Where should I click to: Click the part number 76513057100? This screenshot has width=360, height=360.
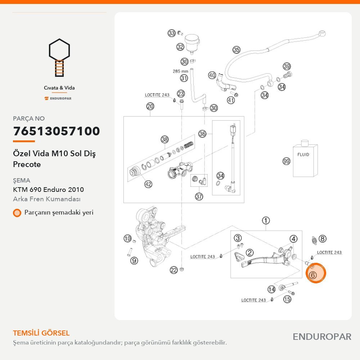[57, 131]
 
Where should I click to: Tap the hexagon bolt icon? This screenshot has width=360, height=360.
[59, 57]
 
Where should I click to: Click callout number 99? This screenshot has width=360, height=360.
[286, 161]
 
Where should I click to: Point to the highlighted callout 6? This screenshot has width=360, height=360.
[313, 275]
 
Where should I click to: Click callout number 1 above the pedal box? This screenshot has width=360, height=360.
[266, 221]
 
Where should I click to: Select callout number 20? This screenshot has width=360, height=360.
[150, 107]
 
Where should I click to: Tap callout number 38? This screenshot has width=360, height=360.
[165, 139]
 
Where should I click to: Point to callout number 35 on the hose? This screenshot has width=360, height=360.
[236, 50]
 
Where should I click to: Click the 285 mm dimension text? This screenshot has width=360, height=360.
[180, 71]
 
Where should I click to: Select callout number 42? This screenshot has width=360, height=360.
[148, 184]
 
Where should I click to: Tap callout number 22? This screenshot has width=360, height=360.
[174, 270]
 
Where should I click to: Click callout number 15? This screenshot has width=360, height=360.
[287, 299]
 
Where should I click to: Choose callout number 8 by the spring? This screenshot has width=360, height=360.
[322, 239]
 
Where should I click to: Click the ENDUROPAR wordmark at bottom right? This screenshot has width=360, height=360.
[322, 337]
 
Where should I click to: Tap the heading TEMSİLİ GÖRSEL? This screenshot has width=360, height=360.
[41, 333]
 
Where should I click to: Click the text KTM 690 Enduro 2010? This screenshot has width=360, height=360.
[49, 190]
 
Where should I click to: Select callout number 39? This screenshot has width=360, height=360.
[287, 67]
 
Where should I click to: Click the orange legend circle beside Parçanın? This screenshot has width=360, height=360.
[17, 213]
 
